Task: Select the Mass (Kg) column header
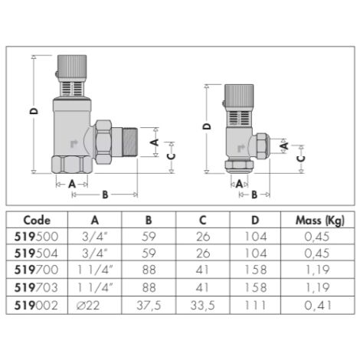313,220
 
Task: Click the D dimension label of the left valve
34,111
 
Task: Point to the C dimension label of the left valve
171,155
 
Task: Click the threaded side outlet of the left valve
126,142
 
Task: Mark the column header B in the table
149,220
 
